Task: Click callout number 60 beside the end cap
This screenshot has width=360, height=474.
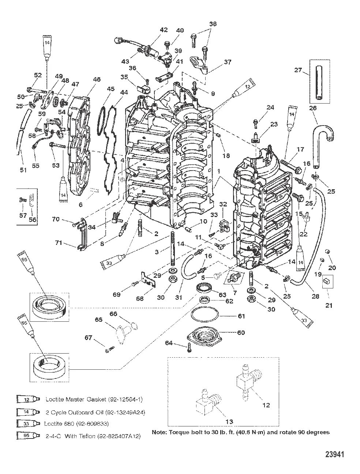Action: tap(241, 333)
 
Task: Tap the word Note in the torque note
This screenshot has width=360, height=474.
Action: tap(159, 432)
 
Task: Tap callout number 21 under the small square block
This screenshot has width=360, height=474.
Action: tap(329, 306)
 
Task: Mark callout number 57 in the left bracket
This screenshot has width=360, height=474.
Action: tap(23, 216)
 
